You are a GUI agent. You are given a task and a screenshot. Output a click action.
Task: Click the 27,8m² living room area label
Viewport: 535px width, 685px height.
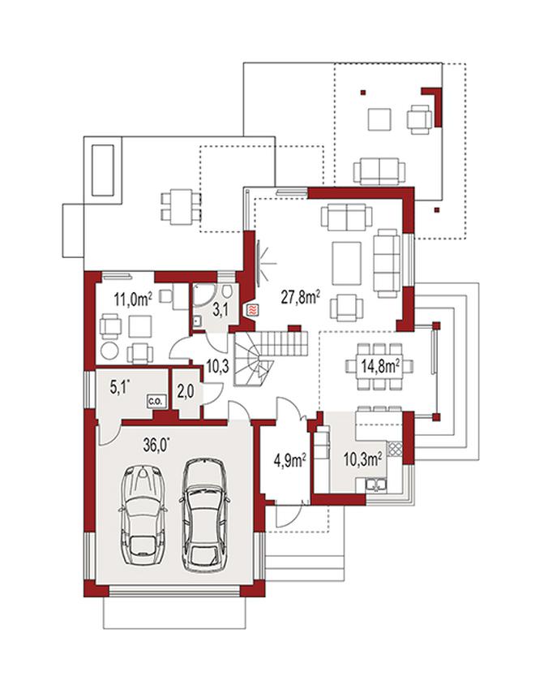pyautogui.click(x=301, y=298)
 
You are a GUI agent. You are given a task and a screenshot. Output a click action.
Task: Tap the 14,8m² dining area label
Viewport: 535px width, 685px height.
pyautogui.click(x=380, y=365)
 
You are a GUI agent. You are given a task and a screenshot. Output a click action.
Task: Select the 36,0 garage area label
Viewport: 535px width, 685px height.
pyautogui.click(x=156, y=445)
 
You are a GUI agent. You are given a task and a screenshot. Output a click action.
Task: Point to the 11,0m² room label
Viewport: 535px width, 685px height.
pyautogui.click(x=133, y=299)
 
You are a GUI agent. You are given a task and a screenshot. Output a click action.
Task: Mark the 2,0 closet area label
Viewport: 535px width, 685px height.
pyautogui.click(x=186, y=391)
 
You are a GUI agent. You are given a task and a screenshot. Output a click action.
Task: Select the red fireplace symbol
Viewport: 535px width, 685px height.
pyautogui.click(x=252, y=310)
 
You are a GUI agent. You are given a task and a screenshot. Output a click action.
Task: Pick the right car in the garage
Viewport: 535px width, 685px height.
pyautogui.click(x=203, y=515)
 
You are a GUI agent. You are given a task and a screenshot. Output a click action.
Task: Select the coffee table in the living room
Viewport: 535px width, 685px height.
pyautogui.click(x=347, y=264)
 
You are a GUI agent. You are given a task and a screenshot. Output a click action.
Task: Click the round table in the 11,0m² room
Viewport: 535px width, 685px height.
pyautogui.click(x=109, y=350)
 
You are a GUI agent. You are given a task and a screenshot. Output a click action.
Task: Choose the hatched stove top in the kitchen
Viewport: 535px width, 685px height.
pyautogui.click(x=395, y=449)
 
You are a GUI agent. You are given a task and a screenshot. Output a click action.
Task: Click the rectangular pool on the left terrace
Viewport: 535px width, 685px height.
pyautogui.click(x=103, y=170)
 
